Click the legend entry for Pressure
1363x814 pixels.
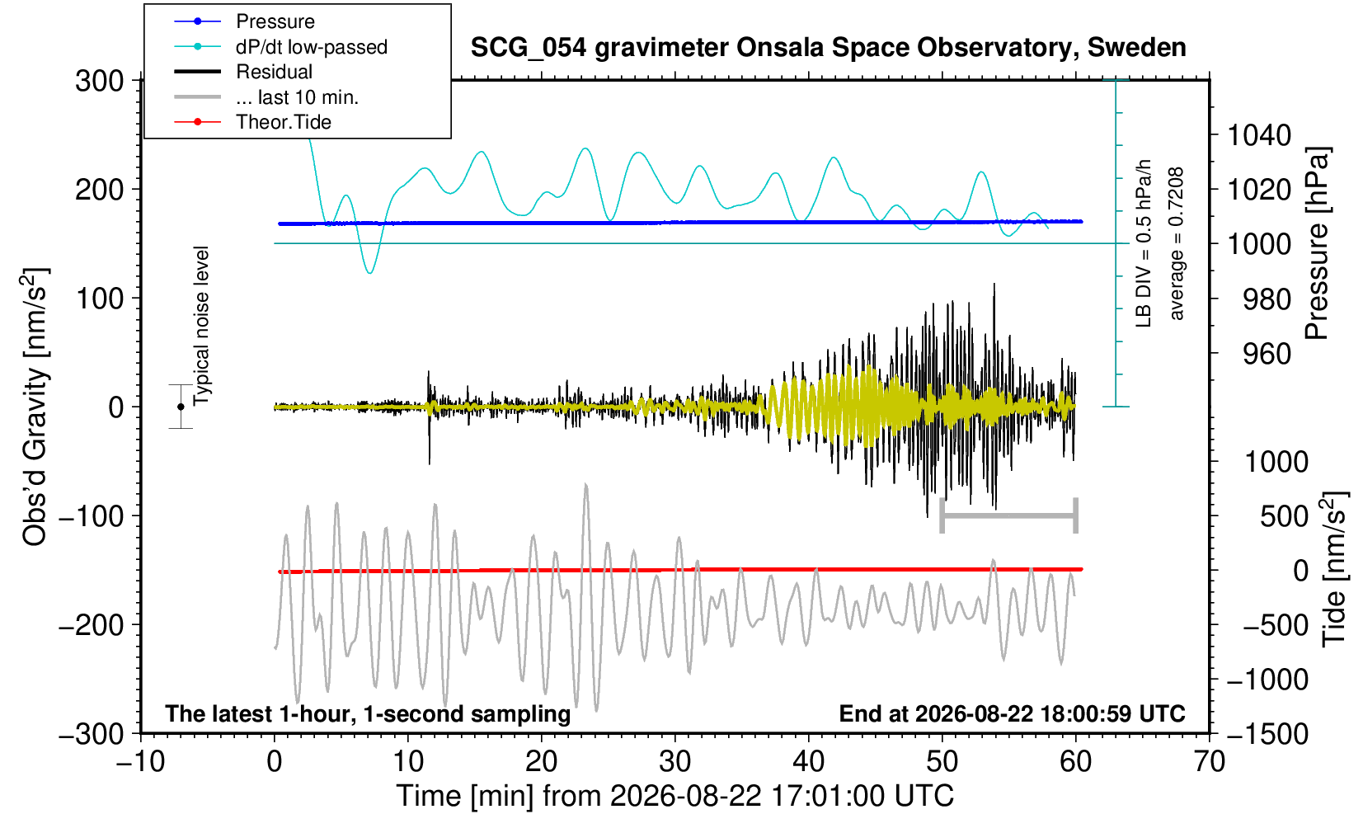click(x=275, y=21)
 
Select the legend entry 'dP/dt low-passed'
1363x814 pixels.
click(x=312, y=47)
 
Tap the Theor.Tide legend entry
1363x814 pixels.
click(x=284, y=122)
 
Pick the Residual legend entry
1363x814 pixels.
click(x=274, y=72)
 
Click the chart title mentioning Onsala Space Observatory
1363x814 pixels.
click(x=828, y=47)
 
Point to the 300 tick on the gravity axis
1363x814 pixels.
click(x=99, y=81)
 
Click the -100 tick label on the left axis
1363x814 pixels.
click(x=92, y=516)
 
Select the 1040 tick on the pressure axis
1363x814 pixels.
click(x=1258, y=135)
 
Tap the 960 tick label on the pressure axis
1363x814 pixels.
click(x=1267, y=354)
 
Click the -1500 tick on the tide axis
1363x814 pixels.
click(x=1267, y=734)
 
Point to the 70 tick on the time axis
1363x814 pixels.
click(x=1209, y=761)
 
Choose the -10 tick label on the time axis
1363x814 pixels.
click(x=140, y=761)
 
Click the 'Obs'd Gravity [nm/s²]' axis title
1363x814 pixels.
click(x=34, y=407)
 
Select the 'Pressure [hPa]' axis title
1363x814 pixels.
click(x=1317, y=243)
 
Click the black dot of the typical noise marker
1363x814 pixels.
click(x=181, y=407)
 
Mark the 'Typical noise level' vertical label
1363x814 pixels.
click(x=201, y=327)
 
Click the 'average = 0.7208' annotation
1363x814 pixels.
click(x=1176, y=243)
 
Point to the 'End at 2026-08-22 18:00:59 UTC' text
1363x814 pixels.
click(x=1012, y=713)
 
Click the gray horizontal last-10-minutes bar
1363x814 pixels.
click(x=1009, y=515)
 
